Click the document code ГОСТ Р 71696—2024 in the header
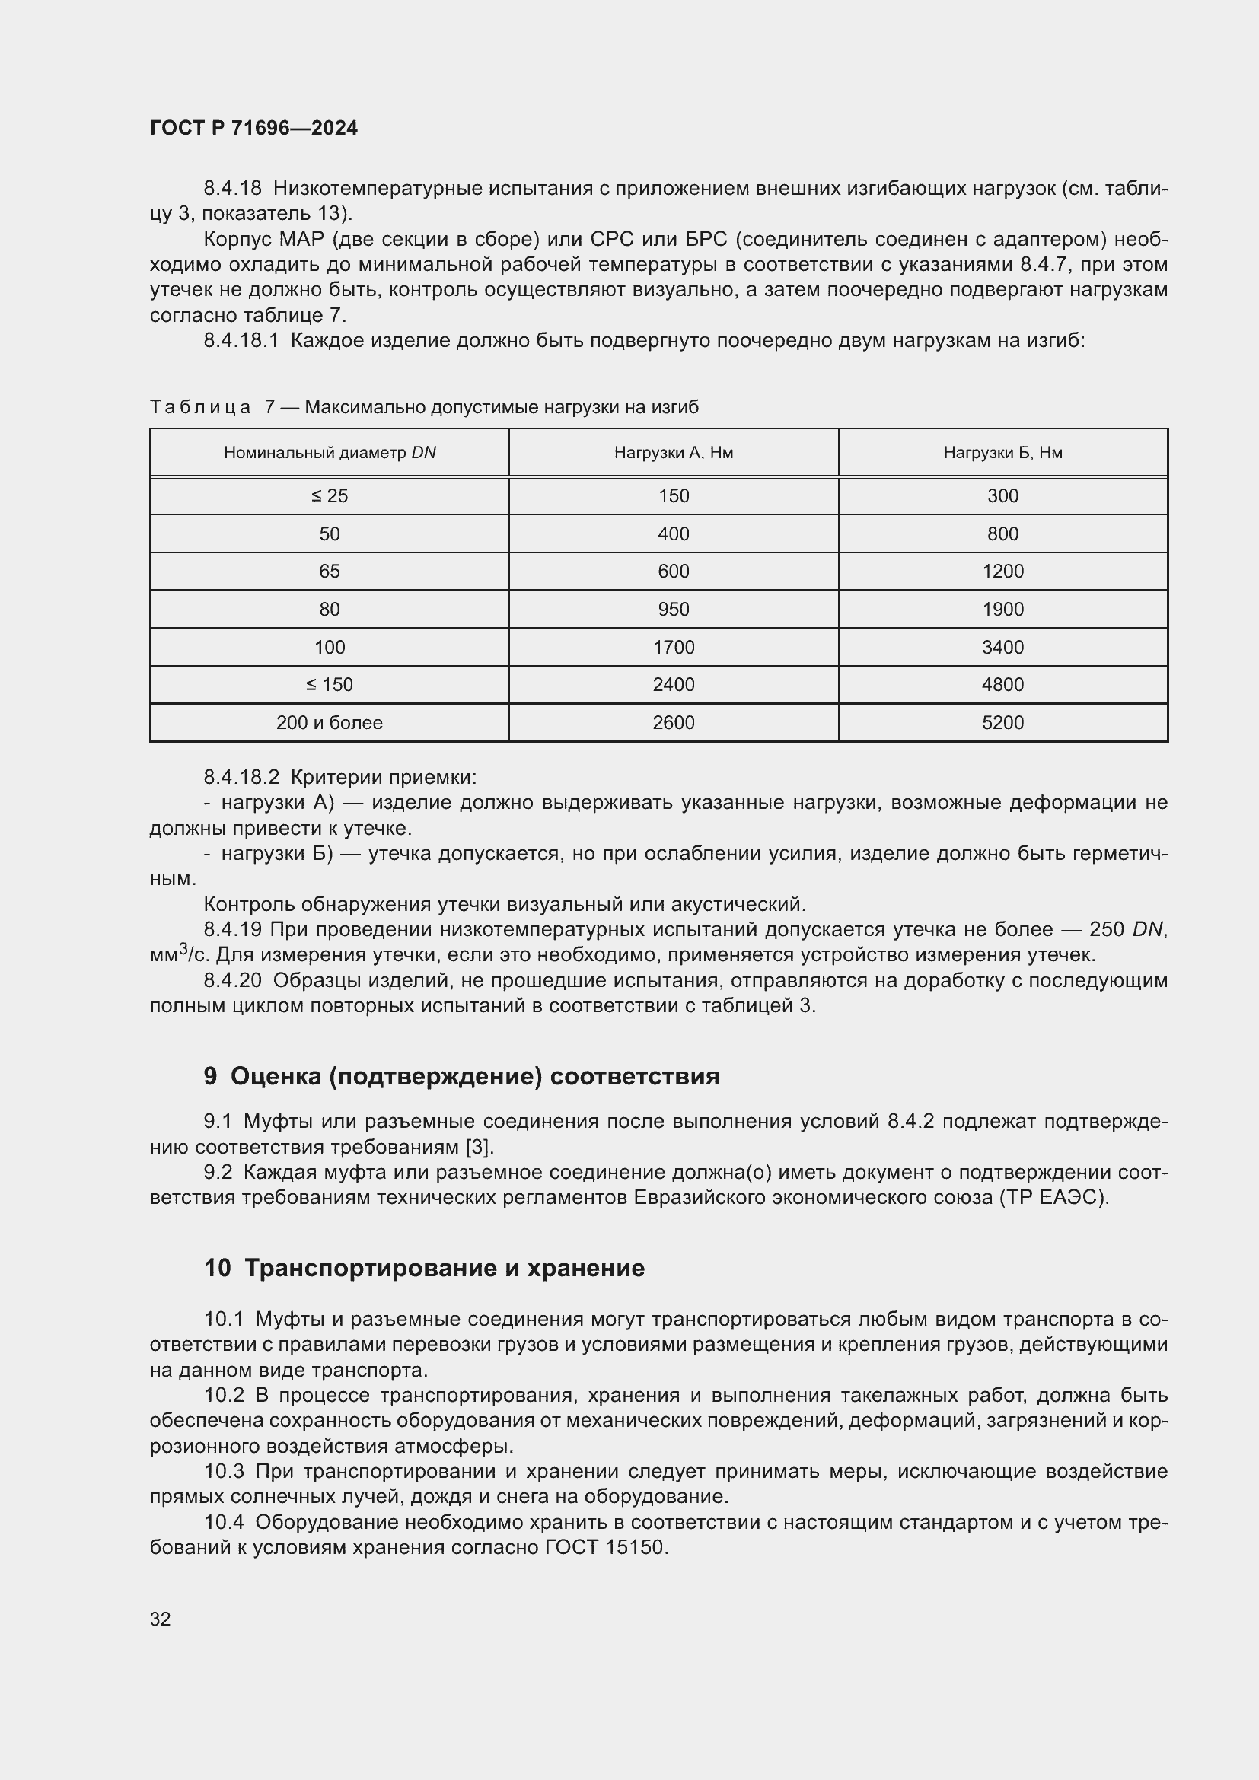253,128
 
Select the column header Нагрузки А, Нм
673,453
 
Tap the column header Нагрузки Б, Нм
1002,453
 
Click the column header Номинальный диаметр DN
330,453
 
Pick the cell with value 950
673,610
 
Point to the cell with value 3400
1002,648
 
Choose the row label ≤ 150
330,685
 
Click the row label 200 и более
330,722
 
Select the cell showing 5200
1002,722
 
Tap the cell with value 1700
673,648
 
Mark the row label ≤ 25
330,496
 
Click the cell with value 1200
1002,572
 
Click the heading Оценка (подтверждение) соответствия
474,1077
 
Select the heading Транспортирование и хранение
445,1269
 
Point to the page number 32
161,1619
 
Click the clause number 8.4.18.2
241,778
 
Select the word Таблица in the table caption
200,408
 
